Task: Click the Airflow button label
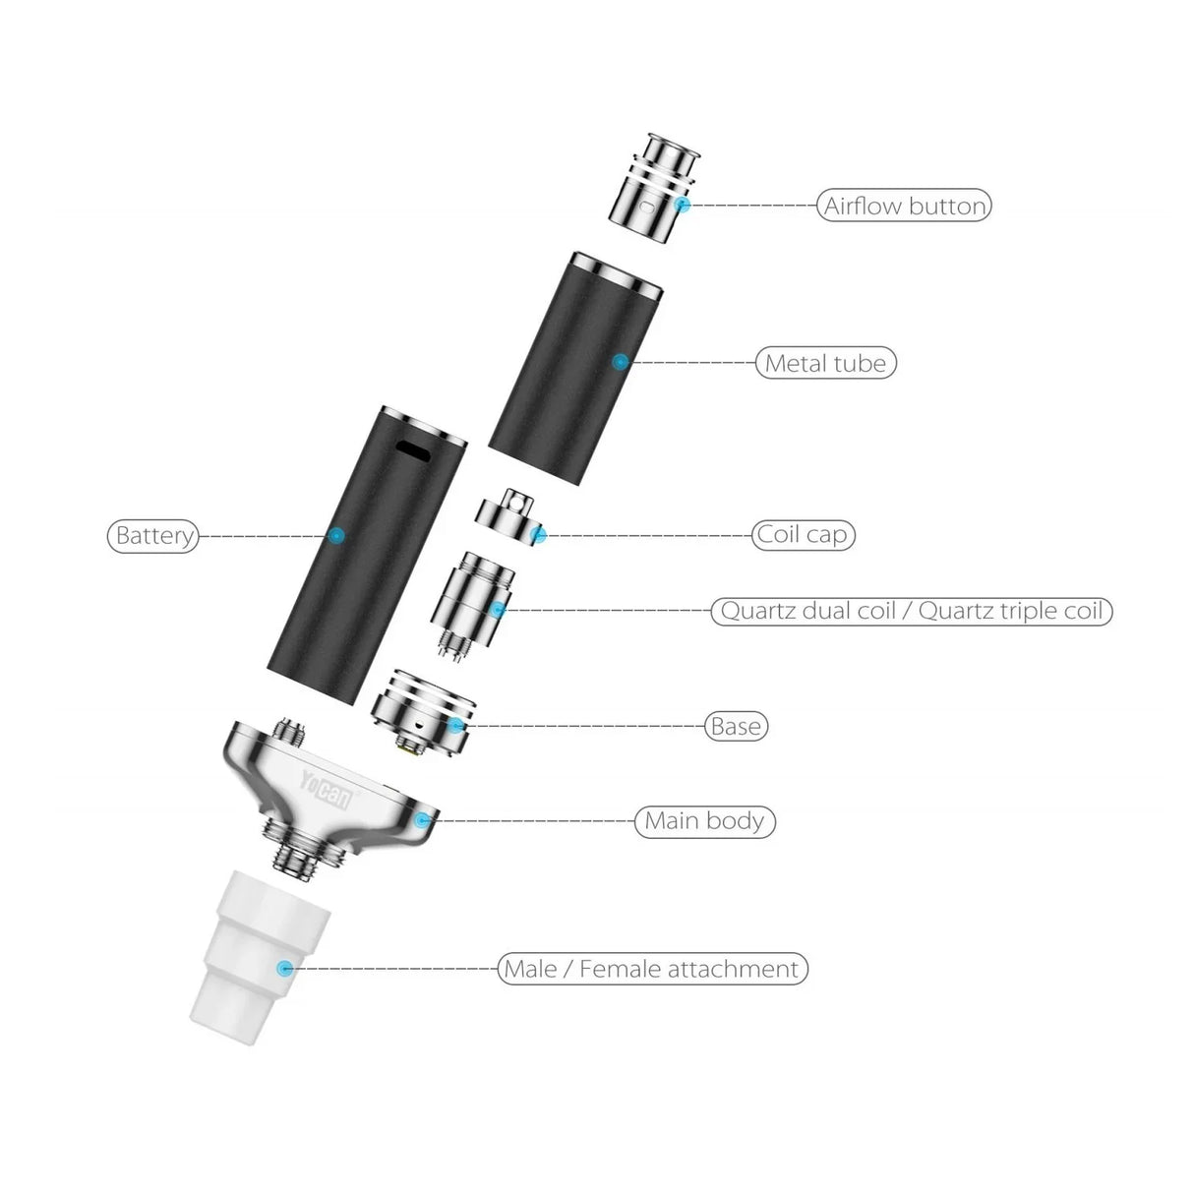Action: [904, 206]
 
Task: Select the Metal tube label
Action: [825, 363]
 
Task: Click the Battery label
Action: [153, 536]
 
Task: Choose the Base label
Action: [736, 727]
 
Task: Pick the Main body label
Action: [704, 820]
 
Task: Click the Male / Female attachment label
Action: [652, 969]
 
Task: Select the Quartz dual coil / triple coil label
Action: [912, 611]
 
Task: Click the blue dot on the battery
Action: [336, 536]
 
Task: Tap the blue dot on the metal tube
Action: [620, 362]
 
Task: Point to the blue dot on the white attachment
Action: [285, 969]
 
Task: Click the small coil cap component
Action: [509, 516]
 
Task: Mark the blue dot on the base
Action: [455, 726]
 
